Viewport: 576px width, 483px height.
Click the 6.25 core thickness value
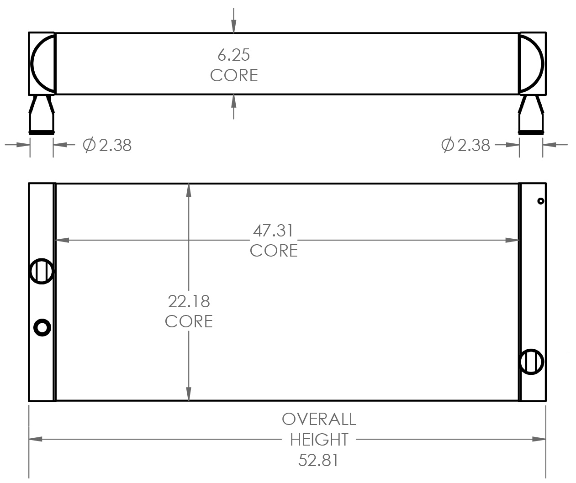(x=233, y=55)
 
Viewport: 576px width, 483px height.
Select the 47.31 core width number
(x=273, y=231)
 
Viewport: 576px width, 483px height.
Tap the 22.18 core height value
(x=189, y=301)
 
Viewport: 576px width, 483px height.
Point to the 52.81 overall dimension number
(x=318, y=460)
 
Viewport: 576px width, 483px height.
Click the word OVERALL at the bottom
(x=318, y=419)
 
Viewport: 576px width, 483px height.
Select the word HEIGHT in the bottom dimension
(x=319, y=440)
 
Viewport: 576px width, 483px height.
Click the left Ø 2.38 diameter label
(x=107, y=145)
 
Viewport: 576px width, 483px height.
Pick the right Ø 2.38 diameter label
(x=465, y=145)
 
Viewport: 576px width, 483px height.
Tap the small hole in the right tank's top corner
(x=540, y=201)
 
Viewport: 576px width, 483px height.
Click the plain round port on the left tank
(x=42, y=327)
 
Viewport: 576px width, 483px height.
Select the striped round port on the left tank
(x=42, y=271)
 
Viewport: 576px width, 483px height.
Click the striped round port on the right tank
(x=531, y=362)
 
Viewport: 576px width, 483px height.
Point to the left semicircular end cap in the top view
(x=43, y=63)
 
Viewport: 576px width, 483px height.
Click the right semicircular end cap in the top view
(x=532, y=63)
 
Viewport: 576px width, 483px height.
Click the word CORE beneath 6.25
(x=234, y=75)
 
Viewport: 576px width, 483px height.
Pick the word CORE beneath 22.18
(x=189, y=321)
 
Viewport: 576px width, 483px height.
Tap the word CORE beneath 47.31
(x=274, y=251)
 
